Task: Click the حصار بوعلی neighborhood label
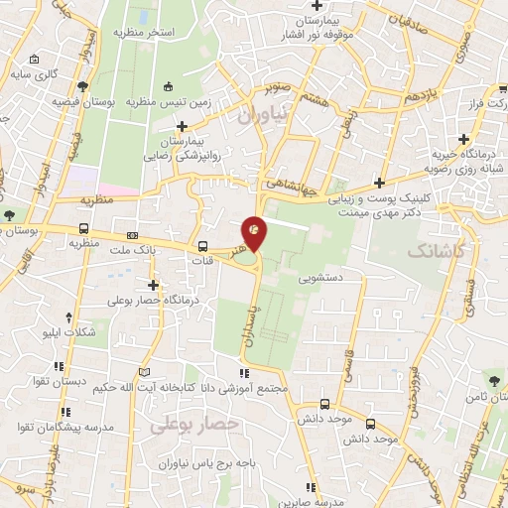(x=197, y=424)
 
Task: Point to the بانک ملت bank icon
(x=133, y=235)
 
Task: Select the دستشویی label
(x=337, y=281)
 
